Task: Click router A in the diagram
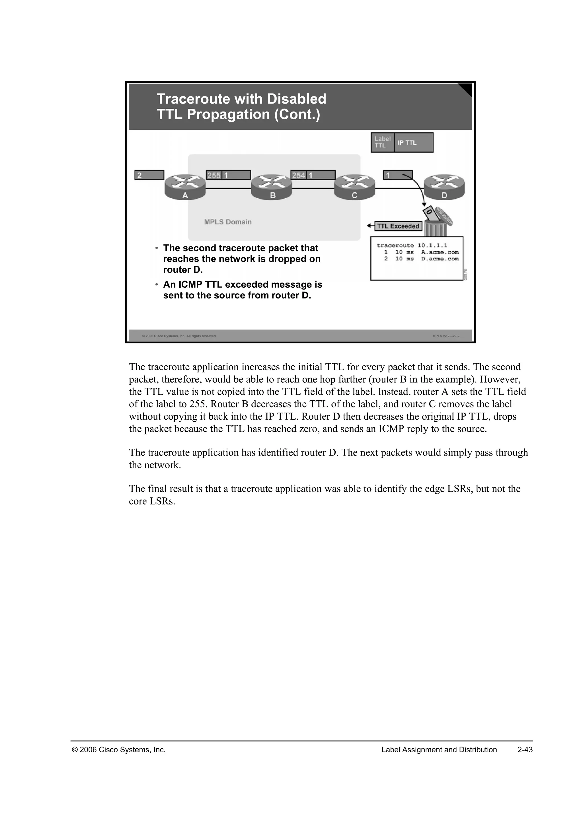(x=185, y=187)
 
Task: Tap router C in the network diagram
(x=354, y=187)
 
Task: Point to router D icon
(x=444, y=187)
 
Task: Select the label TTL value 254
(x=298, y=175)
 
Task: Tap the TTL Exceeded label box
(x=398, y=226)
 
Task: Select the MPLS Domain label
(x=228, y=222)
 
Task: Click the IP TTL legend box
(x=413, y=143)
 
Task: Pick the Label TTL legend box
(x=382, y=143)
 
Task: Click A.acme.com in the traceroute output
(x=440, y=252)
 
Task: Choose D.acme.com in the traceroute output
(x=440, y=259)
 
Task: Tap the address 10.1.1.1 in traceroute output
(x=432, y=246)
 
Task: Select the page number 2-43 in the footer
(x=525, y=750)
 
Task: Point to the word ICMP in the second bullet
(x=191, y=285)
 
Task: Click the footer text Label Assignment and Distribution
(x=439, y=750)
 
